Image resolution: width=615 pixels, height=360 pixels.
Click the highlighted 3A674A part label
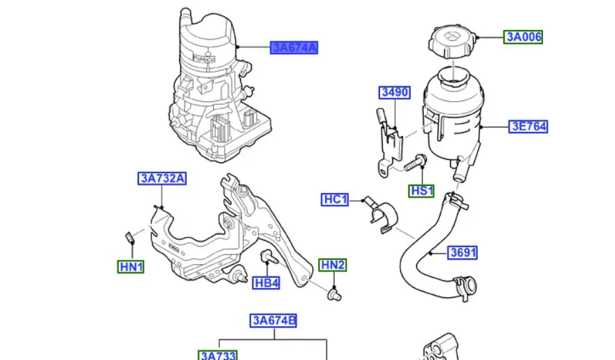(294, 48)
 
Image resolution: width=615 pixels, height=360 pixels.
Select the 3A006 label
(523, 37)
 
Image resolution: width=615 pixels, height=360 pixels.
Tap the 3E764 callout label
(529, 126)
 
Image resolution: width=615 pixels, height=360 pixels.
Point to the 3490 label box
(394, 92)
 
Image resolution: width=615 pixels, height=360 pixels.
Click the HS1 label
(422, 191)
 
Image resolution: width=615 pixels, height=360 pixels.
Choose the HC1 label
(335, 200)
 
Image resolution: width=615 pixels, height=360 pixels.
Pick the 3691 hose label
(463, 253)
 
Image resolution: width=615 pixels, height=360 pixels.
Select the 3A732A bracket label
(163, 179)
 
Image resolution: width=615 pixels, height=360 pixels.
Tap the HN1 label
(131, 267)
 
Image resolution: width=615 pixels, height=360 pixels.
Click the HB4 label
(267, 282)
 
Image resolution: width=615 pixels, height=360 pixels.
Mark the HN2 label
(333, 265)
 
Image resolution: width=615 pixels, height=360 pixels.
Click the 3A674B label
(274, 321)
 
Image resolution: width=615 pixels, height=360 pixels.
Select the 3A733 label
(218, 355)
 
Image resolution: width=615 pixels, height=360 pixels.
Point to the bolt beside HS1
(414, 164)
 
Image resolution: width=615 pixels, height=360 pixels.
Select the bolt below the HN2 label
(333, 295)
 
